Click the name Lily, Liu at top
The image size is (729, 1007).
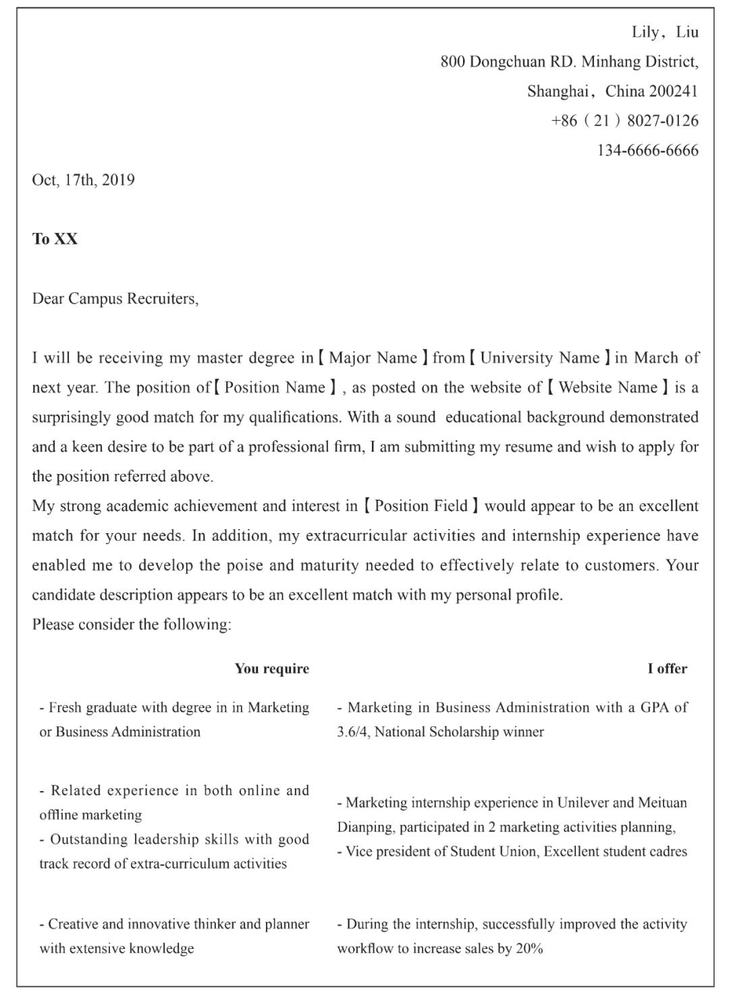665,32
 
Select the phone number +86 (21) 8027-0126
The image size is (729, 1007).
624,121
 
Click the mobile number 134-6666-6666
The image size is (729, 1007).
647,151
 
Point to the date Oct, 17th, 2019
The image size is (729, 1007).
83,180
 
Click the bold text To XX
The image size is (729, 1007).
55,239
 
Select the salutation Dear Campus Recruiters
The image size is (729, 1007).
115,298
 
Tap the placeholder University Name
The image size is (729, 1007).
539,358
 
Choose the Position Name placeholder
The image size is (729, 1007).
275,387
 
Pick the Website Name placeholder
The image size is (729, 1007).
607,387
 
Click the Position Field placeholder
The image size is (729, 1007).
421,506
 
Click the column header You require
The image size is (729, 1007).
271,669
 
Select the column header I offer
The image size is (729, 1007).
667,669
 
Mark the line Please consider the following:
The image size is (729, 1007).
132,625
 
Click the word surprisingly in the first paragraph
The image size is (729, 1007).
71,417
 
